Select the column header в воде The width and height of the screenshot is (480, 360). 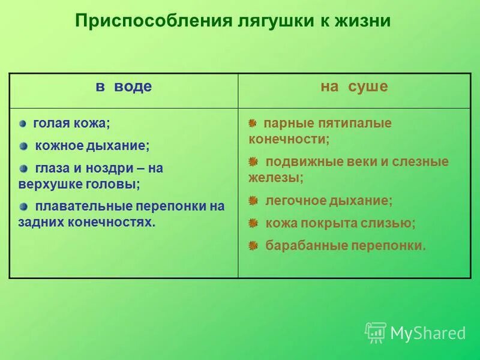coord(124,87)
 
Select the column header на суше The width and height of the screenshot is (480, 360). coord(354,87)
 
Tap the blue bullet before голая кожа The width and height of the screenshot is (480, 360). coord(23,124)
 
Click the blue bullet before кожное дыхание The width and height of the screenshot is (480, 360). coord(23,146)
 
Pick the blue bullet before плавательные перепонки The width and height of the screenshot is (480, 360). coord(23,206)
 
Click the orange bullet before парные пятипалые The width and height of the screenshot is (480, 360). coord(253,123)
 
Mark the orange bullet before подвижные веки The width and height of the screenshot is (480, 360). coord(253,161)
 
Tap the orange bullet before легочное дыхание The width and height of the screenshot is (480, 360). coord(253,200)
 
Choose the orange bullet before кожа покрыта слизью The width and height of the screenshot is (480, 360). coord(253,223)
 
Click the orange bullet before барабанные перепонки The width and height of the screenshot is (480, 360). coord(253,245)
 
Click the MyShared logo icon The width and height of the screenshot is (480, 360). coord(376,332)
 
